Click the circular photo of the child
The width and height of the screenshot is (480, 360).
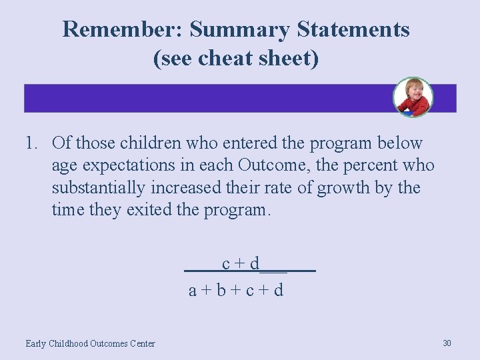[x=413, y=97]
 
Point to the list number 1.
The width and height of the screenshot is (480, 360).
[x=31, y=143]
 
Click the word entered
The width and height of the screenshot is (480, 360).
[x=241, y=143]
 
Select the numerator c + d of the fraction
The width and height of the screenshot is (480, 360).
[x=241, y=264]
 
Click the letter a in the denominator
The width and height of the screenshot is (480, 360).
[x=193, y=291]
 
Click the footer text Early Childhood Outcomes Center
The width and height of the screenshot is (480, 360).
[x=90, y=343]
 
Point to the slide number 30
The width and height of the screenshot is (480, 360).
[x=447, y=343]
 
